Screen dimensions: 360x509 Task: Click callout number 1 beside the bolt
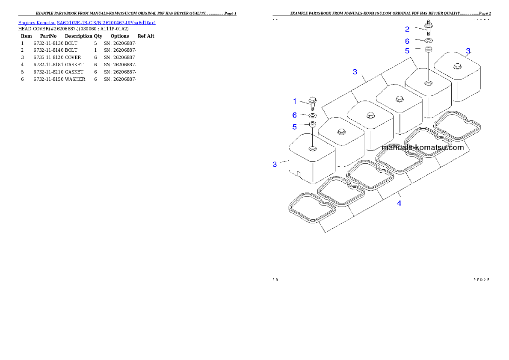tap(295, 101)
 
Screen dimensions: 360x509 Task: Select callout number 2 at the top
tap(407, 29)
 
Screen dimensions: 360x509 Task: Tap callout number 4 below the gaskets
tap(399, 203)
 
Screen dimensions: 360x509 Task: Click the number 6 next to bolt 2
tap(407, 41)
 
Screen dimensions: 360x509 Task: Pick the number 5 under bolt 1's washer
tap(295, 127)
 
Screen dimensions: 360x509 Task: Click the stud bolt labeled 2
tap(428, 27)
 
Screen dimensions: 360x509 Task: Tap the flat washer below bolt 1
tap(312, 115)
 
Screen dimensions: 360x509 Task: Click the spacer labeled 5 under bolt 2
tap(428, 50)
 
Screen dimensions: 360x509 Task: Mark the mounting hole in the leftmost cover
tap(312, 148)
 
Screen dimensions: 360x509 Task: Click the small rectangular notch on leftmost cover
tap(299, 173)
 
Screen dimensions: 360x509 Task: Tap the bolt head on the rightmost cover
tap(457, 66)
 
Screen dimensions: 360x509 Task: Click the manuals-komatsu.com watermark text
tap(422, 148)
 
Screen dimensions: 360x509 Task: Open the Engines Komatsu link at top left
tap(87, 22)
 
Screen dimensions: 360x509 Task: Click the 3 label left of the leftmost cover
tap(275, 164)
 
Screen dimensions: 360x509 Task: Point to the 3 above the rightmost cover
tap(468, 51)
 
